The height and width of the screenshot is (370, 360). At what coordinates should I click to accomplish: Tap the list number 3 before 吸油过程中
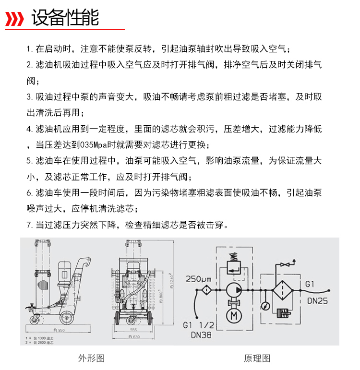coord(29,97)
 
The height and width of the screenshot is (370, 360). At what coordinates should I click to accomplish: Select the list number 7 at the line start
coord(29,225)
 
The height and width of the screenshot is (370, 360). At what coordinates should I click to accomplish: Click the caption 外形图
coord(91,358)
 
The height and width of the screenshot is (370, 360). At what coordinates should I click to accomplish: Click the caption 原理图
coord(258,358)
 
